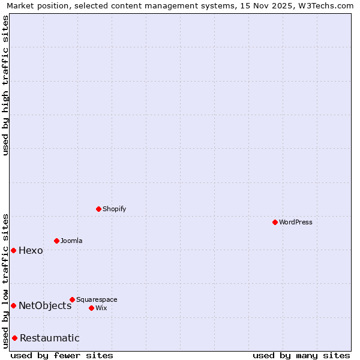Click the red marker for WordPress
275,222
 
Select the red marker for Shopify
98,209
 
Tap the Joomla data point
56,241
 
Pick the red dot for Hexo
13,250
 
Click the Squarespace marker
72,299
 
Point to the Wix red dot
91,308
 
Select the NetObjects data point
13,305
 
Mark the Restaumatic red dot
14,338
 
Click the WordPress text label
295,222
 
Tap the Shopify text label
114,209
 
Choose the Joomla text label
71,241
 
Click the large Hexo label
31,250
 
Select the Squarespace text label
97,299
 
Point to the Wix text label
101,308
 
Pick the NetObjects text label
45,305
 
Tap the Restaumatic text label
49,338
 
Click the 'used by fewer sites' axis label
62,355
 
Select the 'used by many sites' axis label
301,355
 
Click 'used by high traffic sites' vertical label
5,85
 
